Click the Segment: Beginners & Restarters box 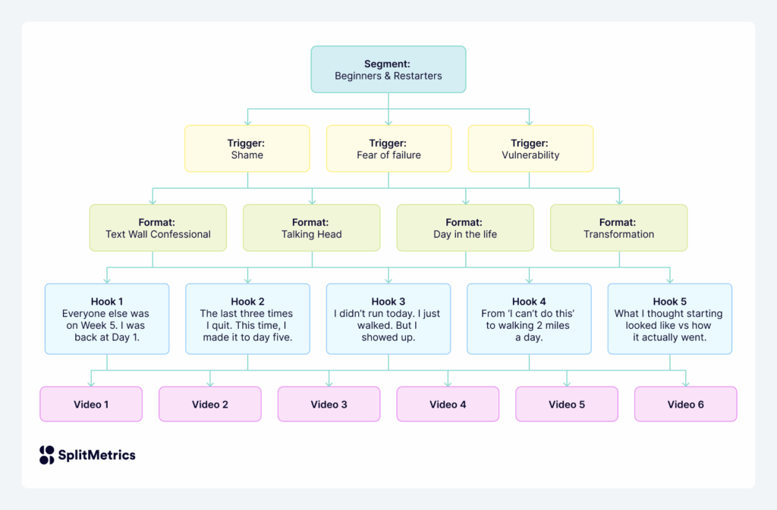coord(388,70)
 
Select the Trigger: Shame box coord(247,149)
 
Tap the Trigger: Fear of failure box coord(388,149)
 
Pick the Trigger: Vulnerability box coord(530,149)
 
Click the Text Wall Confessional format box coord(158,228)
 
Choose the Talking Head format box coord(311,228)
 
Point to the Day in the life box coord(465,228)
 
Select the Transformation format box coord(618,228)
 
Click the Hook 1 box coord(106,319)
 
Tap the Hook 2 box coord(247,319)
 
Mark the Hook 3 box coord(388,319)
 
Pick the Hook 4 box coord(529,319)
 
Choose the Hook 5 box coord(669,319)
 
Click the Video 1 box coord(91,404)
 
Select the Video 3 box coord(329,404)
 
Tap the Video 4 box coord(448,404)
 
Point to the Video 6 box coord(685,404)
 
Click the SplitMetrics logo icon coord(47,455)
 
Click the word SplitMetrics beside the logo coord(97,455)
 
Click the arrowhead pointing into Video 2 coord(210,383)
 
